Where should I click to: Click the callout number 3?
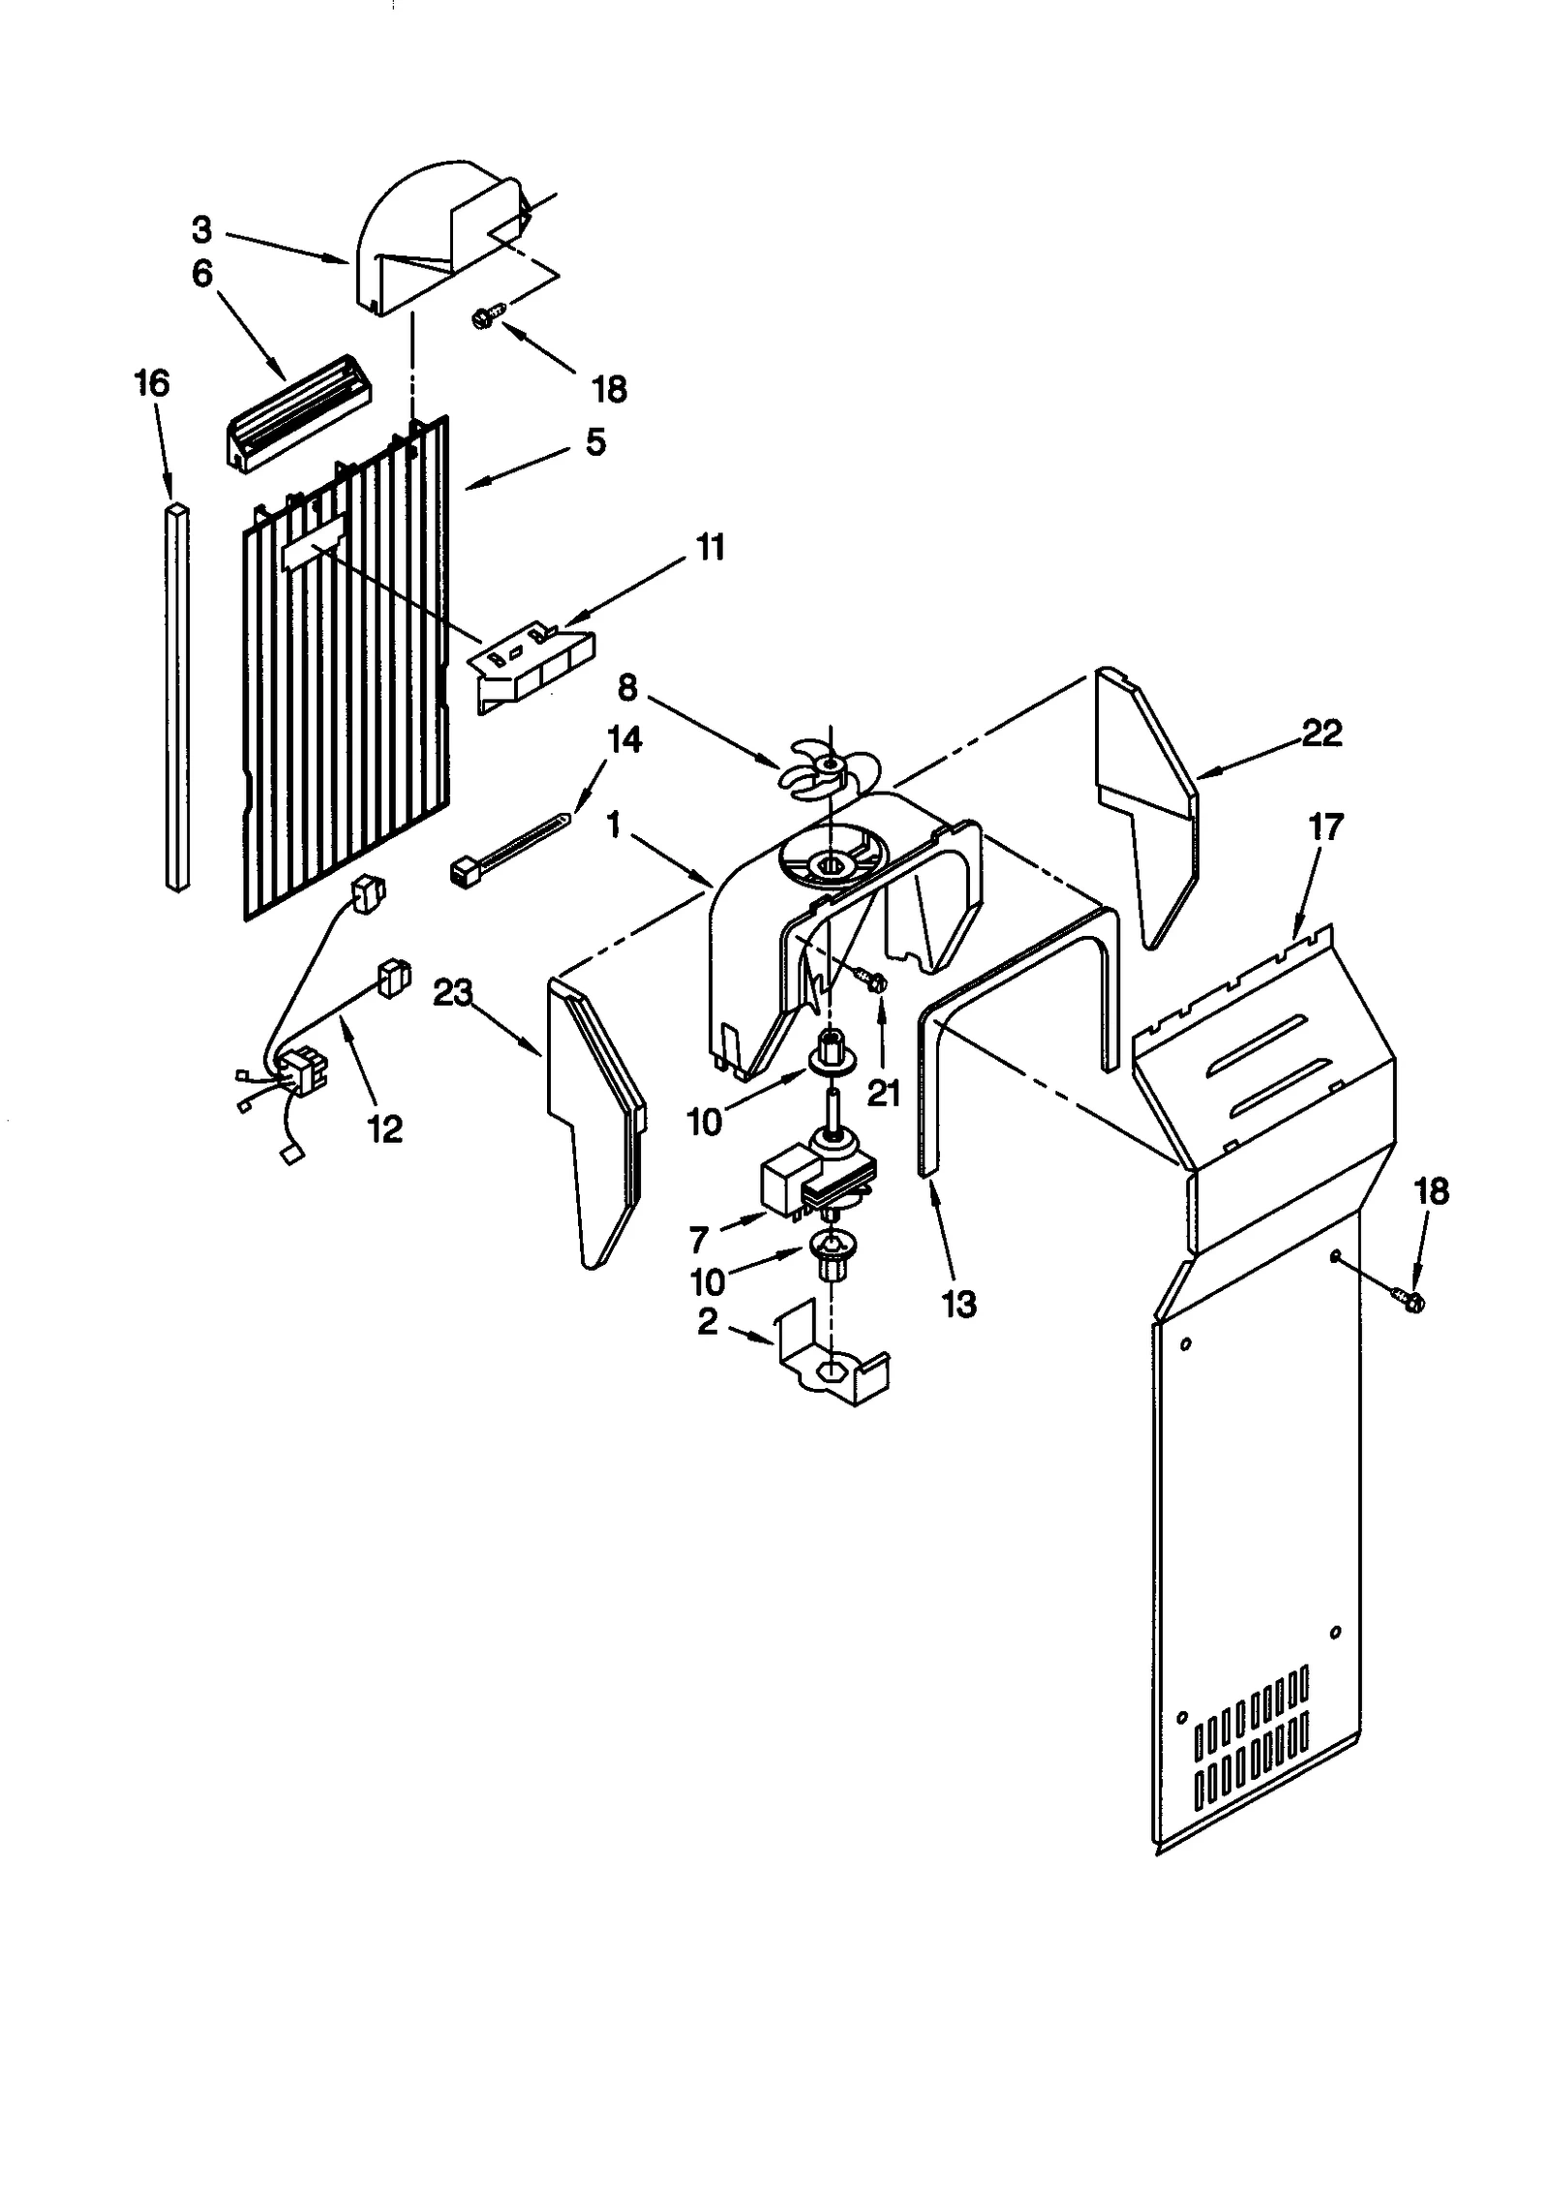(x=201, y=230)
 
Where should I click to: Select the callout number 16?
(x=152, y=383)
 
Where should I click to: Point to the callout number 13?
(x=959, y=1305)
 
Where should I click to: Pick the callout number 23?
(x=453, y=994)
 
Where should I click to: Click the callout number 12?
(x=384, y=1129)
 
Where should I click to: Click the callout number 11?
(x=710, y=548)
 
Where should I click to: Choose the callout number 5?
(x=595, y=442)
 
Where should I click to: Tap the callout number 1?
(x=614, y=826)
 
